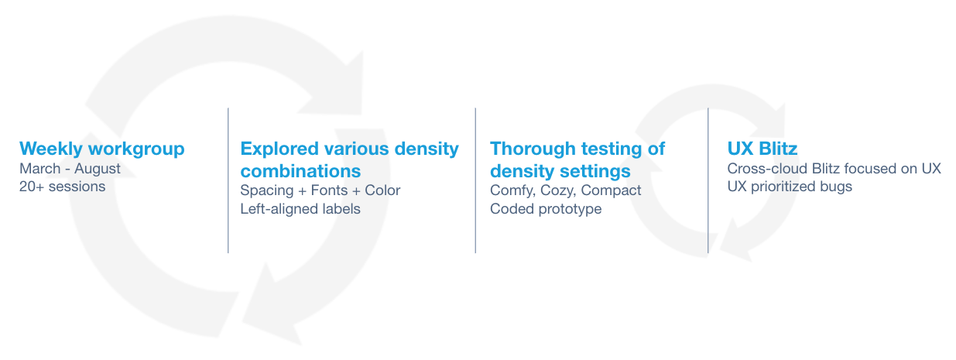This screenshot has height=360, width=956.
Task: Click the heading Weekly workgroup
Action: [x=102, y=149]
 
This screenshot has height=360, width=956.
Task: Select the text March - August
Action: [x=70, y=169]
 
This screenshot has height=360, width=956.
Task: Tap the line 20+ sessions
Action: [x=62, y=187]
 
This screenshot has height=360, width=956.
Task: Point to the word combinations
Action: [x=300, y=171]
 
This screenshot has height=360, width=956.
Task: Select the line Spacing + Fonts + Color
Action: [x=320, y=190]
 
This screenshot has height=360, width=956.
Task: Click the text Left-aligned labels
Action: [x=300, y=209]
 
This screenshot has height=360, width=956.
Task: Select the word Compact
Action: [x=612, y=190]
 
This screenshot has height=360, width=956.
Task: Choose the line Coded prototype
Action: [x=546, y=209]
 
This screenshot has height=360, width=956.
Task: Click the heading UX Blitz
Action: [x=762, y=149]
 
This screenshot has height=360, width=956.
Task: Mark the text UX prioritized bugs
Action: [x=790, y=187]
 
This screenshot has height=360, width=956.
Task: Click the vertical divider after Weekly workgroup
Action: [x=228, y=180]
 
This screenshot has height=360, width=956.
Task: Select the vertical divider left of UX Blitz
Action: [x=708, y=180]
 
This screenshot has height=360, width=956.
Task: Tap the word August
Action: [x=98, y=169]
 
